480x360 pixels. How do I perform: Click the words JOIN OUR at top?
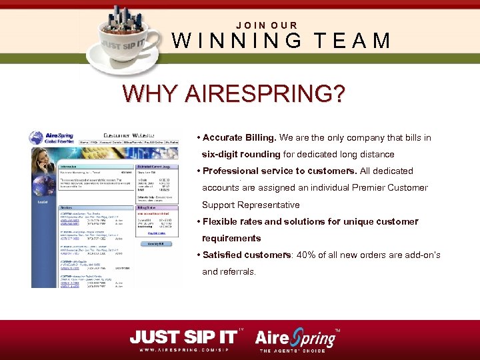coord(267,25)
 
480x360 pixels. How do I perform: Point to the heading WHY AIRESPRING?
coord(233,93)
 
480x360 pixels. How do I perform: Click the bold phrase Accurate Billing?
coord(239,138)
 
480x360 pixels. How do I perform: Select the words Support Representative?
coord(251,205)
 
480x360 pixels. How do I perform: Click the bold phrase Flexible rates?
coord(233,221)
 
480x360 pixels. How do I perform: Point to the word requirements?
coord(231,238)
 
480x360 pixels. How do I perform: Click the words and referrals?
coord(229,272)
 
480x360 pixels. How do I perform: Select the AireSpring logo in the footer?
coord(297,337)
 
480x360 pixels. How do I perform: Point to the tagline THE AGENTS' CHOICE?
coord(293,351)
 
